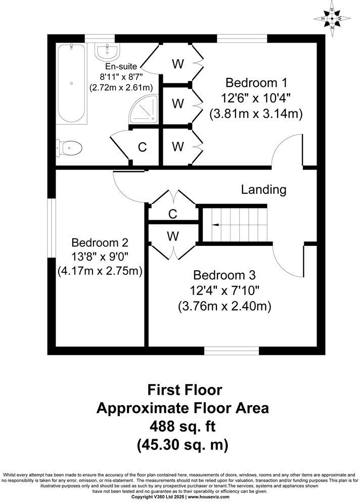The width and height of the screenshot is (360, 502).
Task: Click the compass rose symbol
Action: click(332, 19)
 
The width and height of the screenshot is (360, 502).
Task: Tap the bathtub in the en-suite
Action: click(71, 83)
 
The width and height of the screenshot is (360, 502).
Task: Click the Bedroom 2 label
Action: click(100, 242)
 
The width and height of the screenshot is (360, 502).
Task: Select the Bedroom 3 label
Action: click(224, 276)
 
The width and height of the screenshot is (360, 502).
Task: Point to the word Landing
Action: click(263, 190)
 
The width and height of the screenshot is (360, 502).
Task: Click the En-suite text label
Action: click(121, 67)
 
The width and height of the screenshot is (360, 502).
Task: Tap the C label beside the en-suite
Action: click(143, 147)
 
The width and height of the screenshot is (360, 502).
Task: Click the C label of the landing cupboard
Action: click(172, 214)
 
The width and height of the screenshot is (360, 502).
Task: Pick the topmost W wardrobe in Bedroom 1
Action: click(177, 64)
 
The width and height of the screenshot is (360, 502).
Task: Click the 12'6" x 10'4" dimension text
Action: click(256, 98)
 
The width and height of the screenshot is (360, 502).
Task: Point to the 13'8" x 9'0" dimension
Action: click(100, 257)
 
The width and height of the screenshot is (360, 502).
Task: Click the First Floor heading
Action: click(184, 390)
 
